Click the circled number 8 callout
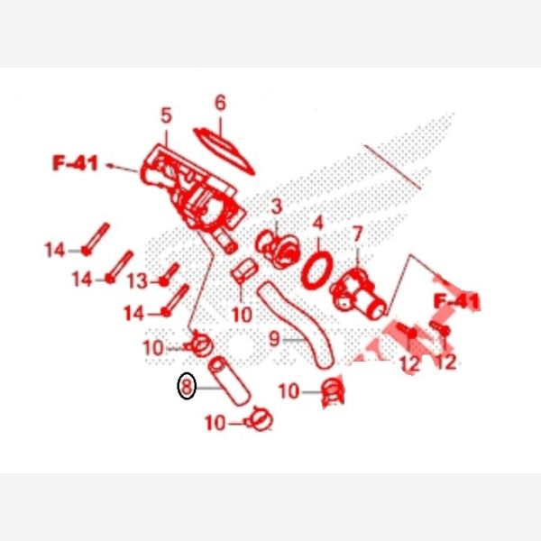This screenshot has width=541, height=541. pos(187,386)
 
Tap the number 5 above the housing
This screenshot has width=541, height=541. pos(166,115)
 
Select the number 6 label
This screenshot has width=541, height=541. pos(221,103)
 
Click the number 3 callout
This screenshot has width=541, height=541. pos(277,206)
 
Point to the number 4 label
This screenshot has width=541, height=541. pos(318,223)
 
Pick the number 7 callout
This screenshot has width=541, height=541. pos(357,234)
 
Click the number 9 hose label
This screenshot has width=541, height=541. pos(274,338)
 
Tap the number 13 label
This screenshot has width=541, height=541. pos(138,280)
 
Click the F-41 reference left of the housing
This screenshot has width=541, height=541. pos(75,163)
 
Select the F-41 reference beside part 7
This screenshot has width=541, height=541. pos(457,301)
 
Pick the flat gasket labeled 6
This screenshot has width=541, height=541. pos(224,151)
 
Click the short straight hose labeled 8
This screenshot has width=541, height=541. pos(229,381)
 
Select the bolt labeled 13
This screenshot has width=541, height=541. pos(170,275)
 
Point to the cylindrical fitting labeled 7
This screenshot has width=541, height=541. pos(358,294)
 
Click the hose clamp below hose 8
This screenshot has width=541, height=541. pos(260,419)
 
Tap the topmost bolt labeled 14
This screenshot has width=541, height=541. pos(96,239)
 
